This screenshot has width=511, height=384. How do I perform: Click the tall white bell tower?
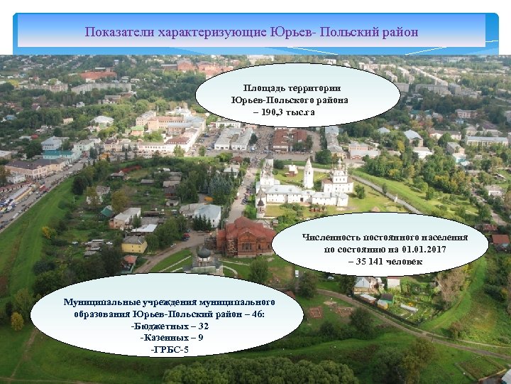[308, 174]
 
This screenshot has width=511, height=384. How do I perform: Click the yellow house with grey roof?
[134, 245]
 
